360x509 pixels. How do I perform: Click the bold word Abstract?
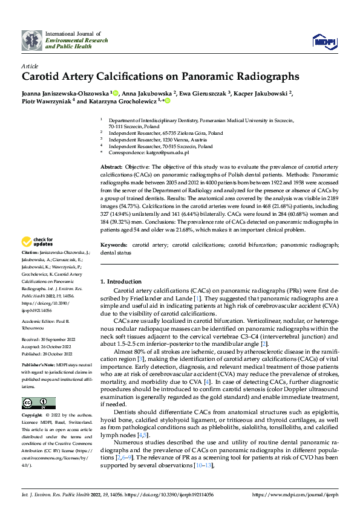[111, 166]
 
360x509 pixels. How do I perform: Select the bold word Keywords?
[114, 245]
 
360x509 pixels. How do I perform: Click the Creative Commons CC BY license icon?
[38, 403]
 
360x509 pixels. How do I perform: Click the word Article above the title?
[30, 65]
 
